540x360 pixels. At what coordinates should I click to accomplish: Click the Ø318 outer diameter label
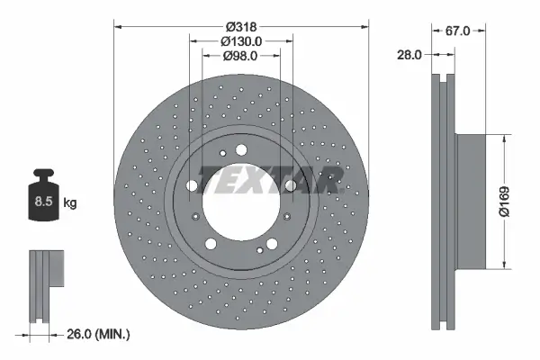tap(240, 25)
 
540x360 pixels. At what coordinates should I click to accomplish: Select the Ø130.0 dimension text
tap(240, 40)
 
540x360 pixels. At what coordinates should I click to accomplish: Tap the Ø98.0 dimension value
tap(240, 56)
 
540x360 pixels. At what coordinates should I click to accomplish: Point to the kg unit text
tap(69, 203)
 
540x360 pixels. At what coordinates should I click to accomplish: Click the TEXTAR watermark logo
tap(270, 180)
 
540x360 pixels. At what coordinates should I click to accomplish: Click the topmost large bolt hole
tap(240, 149)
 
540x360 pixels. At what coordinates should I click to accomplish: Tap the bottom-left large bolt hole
tap(211, 243)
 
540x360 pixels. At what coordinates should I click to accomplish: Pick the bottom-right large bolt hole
tap(271, 243)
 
